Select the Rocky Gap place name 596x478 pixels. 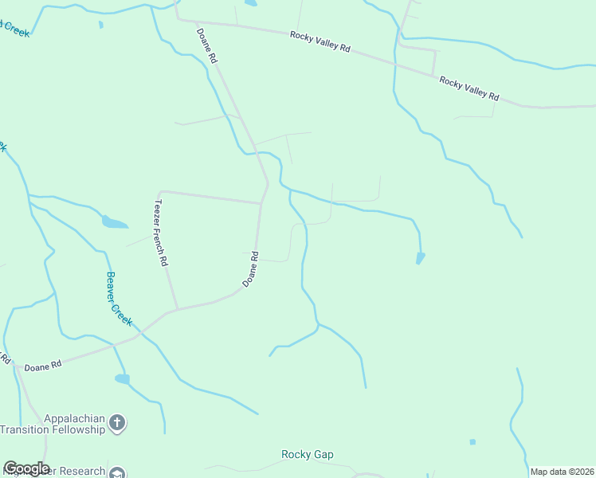click(x=308, y=455)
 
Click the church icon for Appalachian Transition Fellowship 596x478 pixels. click(x=117, y=423)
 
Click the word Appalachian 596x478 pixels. click(x=62, y=417)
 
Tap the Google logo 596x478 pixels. click(x=26, y=468)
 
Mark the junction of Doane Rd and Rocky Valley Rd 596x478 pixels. click(x=178, y=19)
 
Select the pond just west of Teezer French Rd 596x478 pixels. click(x=114, y=222)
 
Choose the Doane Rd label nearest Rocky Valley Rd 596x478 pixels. click(x=206, y=46)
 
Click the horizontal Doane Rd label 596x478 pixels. click(x=43, y=367)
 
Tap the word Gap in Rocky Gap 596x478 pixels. click(x=323, y=455)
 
